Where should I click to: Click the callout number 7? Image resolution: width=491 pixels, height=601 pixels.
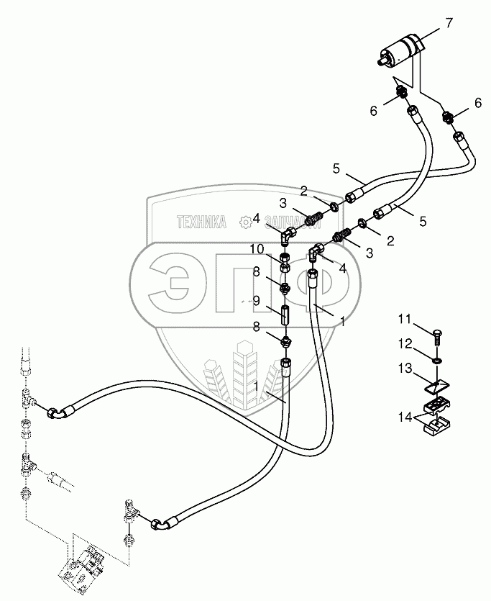tap(449, 22)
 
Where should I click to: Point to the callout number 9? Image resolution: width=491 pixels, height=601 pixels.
tap(255, 301)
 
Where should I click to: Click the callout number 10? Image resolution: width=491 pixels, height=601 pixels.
tap(257, 249)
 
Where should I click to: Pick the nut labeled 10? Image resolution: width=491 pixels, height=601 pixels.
tap(284, 258)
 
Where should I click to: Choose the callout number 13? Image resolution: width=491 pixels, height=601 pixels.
tap(403, 369)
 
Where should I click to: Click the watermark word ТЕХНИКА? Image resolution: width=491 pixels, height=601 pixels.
tap(201, 222)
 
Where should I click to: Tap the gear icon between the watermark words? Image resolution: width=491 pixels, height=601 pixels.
tap(246, 222)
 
